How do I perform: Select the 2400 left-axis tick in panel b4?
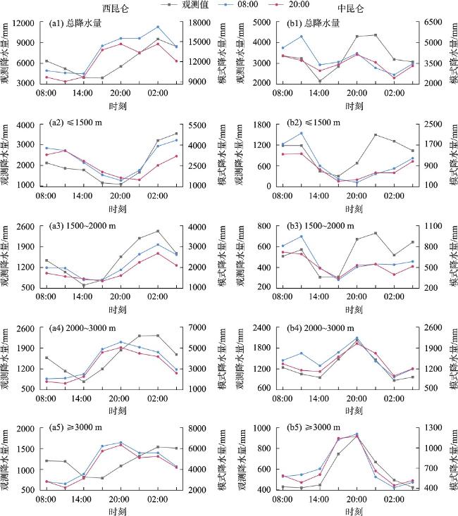(x=261, y=328)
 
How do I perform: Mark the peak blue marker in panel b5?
(x=357, y=434)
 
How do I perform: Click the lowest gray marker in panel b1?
(x=319, y=81)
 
